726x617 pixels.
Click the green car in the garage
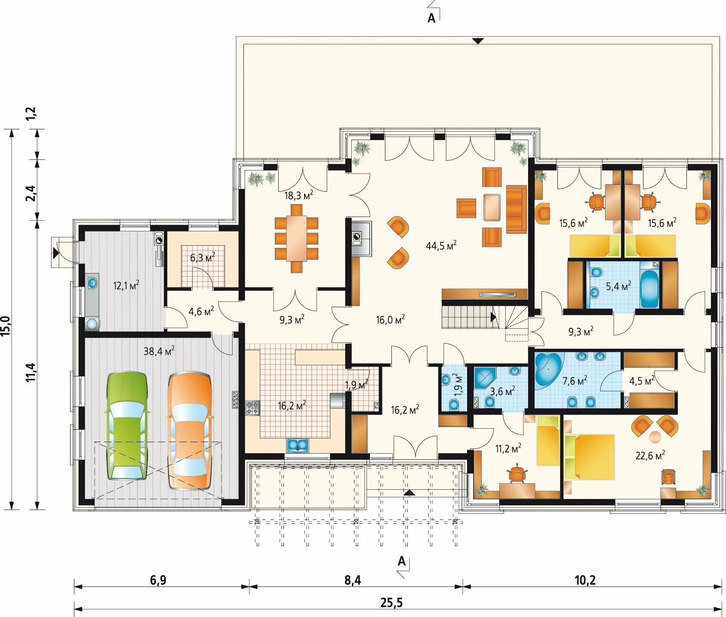tap(127, 426)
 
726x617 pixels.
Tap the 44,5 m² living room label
tap(441, 245)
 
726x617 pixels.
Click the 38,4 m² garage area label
tap(159, 351)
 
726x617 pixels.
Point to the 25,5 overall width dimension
tap(391, 603)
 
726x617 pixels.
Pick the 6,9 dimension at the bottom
tap(158, 580)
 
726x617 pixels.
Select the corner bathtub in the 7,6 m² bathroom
tap(548, 367)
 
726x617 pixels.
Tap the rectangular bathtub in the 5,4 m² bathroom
tap(649, 289)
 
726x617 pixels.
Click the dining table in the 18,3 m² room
tap(297, 238)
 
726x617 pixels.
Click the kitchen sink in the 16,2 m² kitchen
tap(298, 445)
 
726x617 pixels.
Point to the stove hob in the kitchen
tap(253, 408)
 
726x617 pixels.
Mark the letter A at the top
tap(431, 18)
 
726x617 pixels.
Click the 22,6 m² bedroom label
tap(650, 455)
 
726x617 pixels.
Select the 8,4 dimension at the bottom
tap(353, 580)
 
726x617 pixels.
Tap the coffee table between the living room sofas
tap(492, 208)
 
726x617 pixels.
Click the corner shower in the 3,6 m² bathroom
tap(485, 378)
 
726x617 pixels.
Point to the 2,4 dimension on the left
tap(31, 193)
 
